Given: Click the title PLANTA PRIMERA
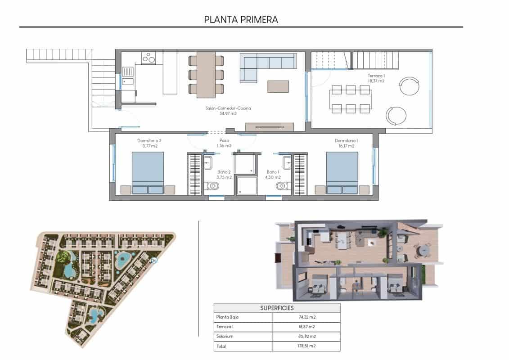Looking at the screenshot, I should click(x=241, y=19).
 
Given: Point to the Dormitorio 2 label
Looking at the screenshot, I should click(x=149, y=143).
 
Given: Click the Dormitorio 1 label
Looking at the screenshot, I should click(x=347, y=143).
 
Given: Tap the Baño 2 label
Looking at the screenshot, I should click(x=224, y=174).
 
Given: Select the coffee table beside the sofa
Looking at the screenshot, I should click(x=278, y=86).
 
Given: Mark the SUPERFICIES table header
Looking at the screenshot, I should click(x=277, y=308).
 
